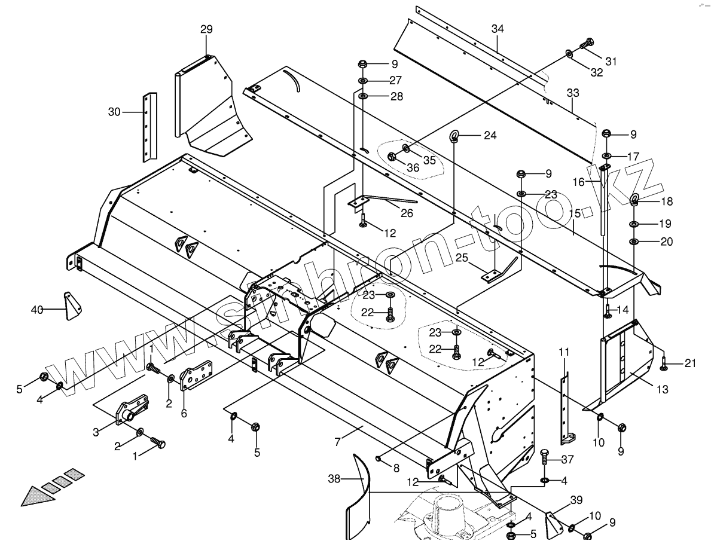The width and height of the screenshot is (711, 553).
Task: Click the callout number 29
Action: point(206,29)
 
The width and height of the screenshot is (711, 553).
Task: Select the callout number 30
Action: point(114,112)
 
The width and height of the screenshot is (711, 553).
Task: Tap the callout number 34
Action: point(498,29)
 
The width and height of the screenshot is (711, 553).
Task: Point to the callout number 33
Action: point(573,93)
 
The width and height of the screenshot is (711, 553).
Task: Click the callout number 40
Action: point(37,309)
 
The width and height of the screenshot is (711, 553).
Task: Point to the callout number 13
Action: point(662,390)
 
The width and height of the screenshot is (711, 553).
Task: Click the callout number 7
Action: point(337,442)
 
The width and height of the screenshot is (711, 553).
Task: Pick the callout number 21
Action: point(691,362)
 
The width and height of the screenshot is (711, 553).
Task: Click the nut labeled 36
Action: point(393,157)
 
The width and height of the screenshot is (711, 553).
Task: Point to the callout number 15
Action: point(574,213)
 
